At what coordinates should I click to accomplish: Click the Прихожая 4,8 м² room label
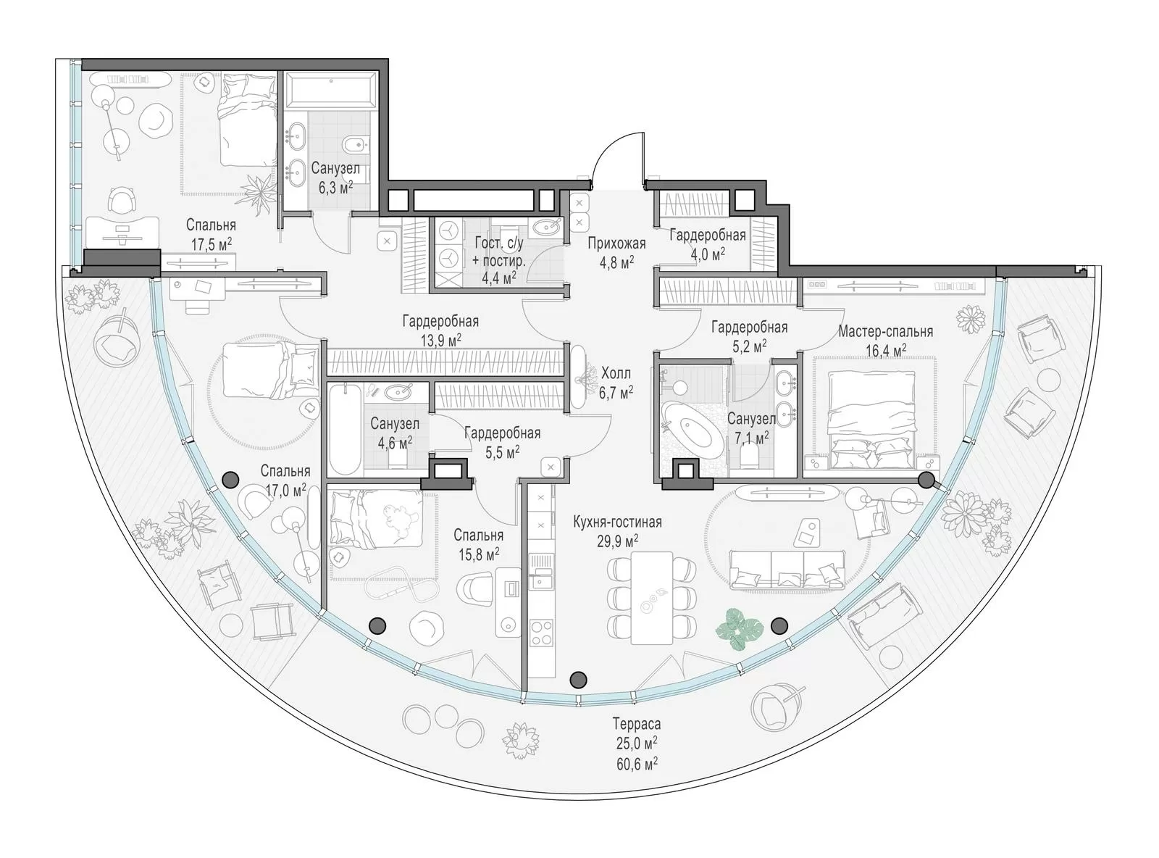click(616, 252)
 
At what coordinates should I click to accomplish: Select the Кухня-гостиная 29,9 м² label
click(617, 530)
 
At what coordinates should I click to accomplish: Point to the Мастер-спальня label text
click(885, 331)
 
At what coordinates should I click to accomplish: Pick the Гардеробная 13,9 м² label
click(440, 330)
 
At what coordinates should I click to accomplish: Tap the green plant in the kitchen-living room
click(739, 629)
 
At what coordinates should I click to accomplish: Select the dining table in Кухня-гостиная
click(651, 598)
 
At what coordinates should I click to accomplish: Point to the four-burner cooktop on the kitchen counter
click(542, 632)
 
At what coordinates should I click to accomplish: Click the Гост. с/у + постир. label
click(499, 260)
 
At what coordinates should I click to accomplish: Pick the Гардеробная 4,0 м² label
click(708, 244)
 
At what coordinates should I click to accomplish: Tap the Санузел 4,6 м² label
click(395, 433)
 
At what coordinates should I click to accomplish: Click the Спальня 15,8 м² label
click(478, 543)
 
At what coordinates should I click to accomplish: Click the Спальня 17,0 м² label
click(285, 480)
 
